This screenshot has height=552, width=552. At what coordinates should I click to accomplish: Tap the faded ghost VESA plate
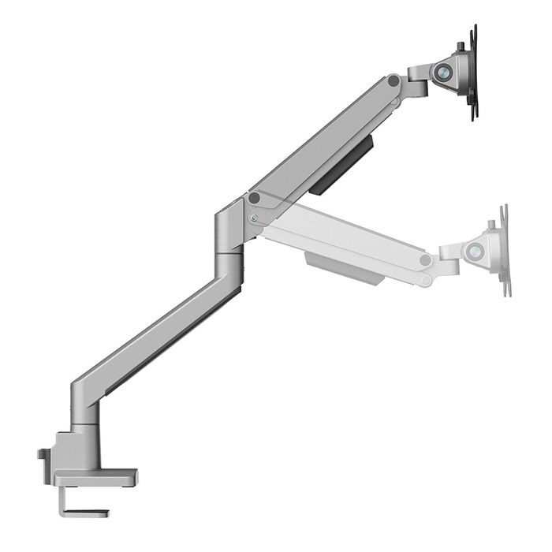(503, 251)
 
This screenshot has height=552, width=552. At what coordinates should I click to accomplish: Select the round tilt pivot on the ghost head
(475, 252)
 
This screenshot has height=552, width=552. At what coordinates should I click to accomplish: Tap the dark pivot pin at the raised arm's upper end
(393, 80)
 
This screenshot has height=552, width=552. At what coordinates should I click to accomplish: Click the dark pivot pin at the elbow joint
(254, 197)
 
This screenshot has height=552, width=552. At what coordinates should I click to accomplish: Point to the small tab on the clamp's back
(43, 454)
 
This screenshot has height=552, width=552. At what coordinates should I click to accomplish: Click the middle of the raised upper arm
(323, 139)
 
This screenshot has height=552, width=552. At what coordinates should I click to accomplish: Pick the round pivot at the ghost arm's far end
(426, 260)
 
